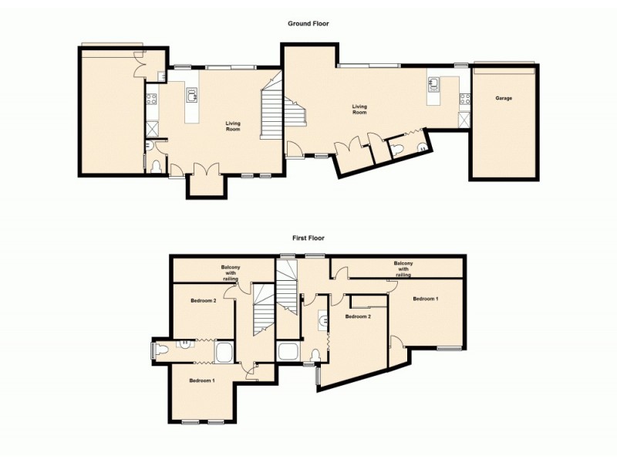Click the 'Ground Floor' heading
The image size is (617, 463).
pyautogui.click(x=308, y=24)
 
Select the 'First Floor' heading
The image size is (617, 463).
pyautogui.click(x=308, y=238)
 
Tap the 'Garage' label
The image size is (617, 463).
pyautogui.click(x=504, y=99)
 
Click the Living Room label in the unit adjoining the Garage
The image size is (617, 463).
pyautogui.click(x=359, y=110)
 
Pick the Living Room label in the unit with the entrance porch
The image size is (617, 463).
pyautogui.click(x=233, y=126)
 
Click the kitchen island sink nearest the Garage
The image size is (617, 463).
pyautogui.click(x=433, y=84)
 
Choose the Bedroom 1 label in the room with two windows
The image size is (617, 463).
pyautogui.click(x=202, y=381)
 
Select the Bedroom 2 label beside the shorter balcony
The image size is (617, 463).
pyautogui.click(x=204, y=300)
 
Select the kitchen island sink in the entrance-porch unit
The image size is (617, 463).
pyautogui.click(x=191, y=96)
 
